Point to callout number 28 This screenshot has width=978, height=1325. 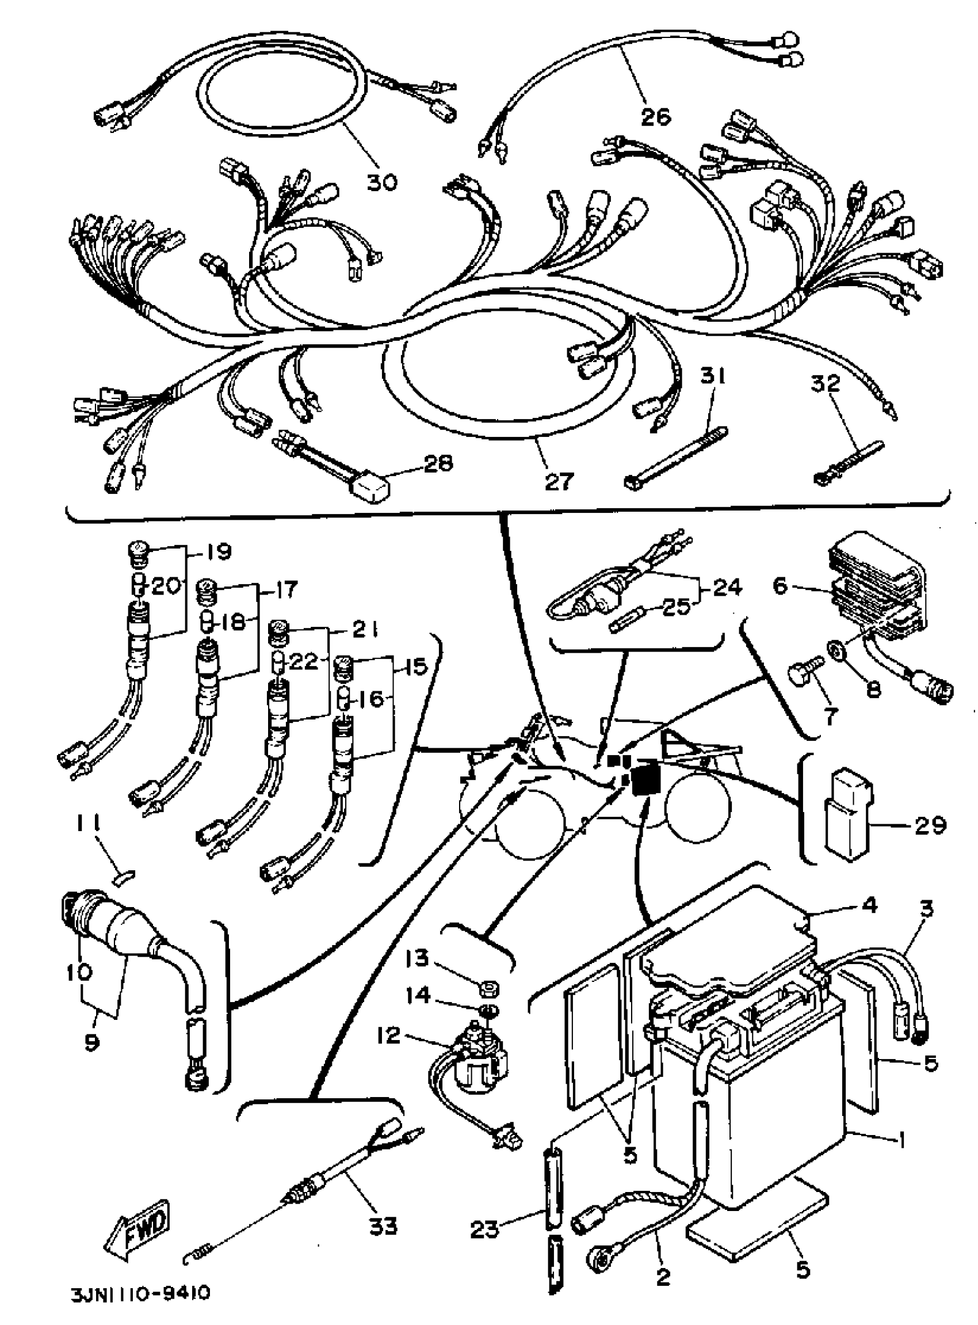[x=438, y=463]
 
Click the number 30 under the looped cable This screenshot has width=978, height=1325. [x=382, y=182]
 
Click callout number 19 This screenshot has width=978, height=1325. [x=220, y=551]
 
